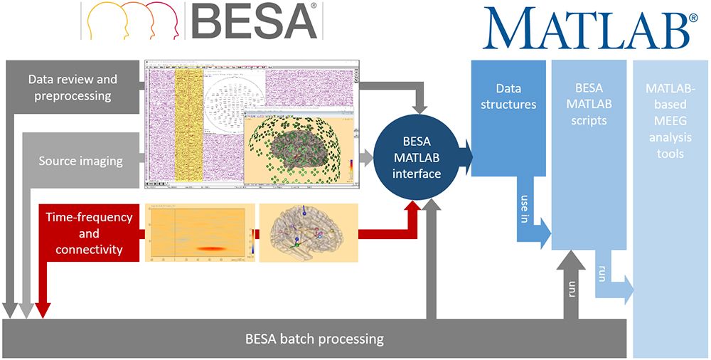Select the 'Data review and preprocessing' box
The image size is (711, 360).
(x=73, y=87)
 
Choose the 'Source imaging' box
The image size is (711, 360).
(x=80, y=161)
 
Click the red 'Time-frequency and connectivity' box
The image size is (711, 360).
(x=89, y=233)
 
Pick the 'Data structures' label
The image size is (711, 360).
(x=508, y=97)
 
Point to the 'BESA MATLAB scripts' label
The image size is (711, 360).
(x=588, y=104)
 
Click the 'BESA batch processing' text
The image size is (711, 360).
(x=314, y=339)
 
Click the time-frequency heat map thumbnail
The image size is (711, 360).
(x=198, y=233)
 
